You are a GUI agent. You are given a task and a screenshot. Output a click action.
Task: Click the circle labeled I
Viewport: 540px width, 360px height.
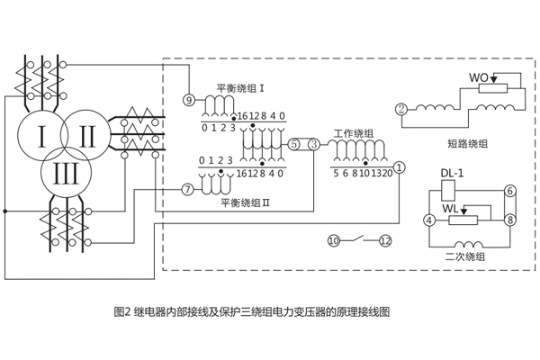41,137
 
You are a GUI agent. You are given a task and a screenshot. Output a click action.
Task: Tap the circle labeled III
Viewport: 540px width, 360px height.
64,174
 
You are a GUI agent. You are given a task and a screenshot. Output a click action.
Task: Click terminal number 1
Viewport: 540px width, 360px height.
400,166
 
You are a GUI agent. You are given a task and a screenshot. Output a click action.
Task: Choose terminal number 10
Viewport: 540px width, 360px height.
333,240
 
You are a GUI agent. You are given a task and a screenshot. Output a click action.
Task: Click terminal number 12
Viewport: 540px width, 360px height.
385,240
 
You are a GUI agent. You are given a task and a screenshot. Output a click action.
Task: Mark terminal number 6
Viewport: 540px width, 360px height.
509,191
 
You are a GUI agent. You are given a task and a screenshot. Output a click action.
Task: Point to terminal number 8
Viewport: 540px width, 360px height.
509,219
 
